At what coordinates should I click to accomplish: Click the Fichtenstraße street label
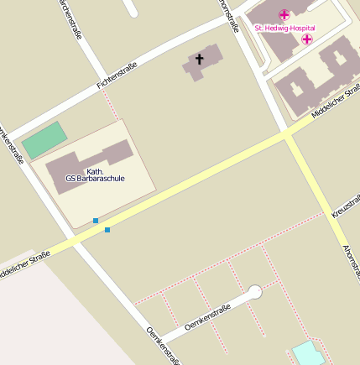point(117,78)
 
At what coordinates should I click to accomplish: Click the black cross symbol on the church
point(200,59)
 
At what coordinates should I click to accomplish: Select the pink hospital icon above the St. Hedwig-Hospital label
point(284,15)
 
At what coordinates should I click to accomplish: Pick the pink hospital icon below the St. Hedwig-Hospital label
point(307,39)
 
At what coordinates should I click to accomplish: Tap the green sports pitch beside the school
point(44,139)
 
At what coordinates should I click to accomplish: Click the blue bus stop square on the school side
point(96,220)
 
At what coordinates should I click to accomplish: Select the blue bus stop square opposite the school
point(107,229)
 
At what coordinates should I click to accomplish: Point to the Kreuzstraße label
point(345,205)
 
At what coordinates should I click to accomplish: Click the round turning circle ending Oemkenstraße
point(255,292)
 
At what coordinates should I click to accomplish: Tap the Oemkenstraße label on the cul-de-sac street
point(207,319)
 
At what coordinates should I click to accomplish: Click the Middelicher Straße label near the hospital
point(335,101)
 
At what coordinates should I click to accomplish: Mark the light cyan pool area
point(308,353)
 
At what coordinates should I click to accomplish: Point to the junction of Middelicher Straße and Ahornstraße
point(286,134)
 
